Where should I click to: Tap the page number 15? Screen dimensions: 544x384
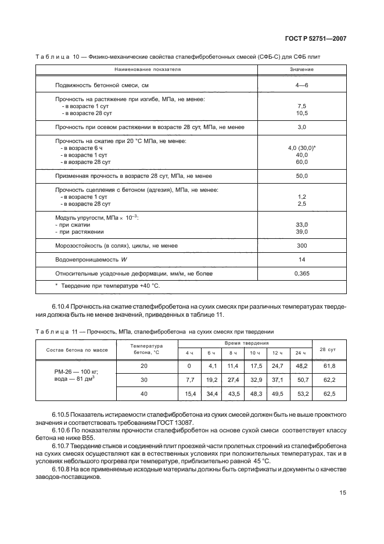point(343,492)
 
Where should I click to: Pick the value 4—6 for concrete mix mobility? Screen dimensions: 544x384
point(302,85)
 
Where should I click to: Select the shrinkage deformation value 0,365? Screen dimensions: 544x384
point(302,273)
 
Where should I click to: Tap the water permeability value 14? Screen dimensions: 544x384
point(302,259)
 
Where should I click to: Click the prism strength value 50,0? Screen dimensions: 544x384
point(302,175)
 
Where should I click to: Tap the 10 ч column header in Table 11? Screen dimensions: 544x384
point(254,353)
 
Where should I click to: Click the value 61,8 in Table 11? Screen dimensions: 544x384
point(329,366)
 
